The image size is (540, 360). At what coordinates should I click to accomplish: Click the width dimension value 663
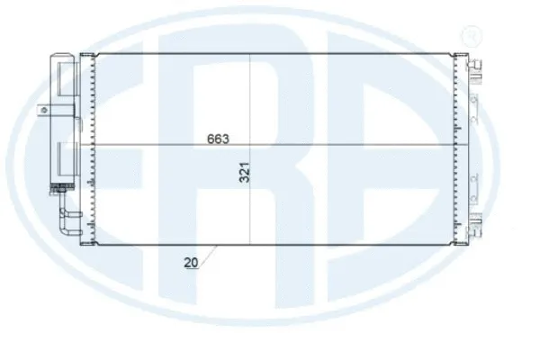[219, 139]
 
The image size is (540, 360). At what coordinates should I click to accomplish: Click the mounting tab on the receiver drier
[42, 111]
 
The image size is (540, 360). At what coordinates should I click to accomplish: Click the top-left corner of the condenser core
[95, 54]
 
